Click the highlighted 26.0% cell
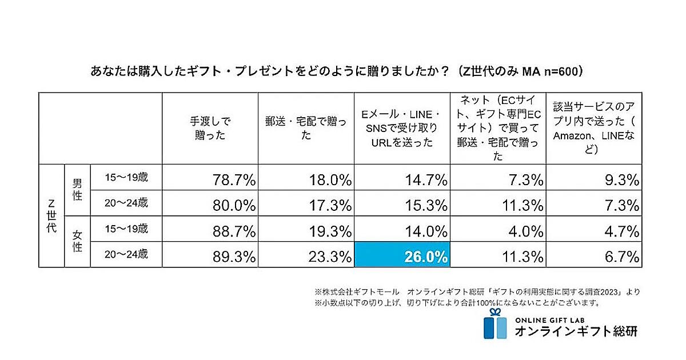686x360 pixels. click(401, 255)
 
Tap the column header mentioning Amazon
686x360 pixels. click(593, 128)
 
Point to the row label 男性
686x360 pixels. click(77, 190)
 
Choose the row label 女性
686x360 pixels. click(77, 241)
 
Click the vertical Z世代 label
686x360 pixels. click(51, 215)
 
